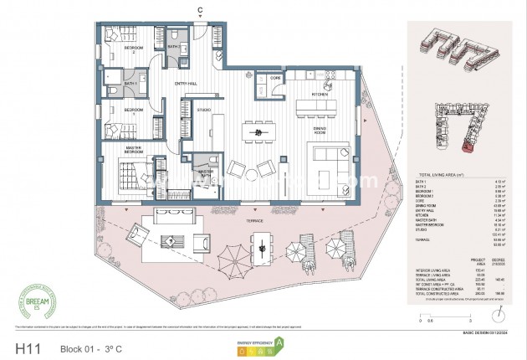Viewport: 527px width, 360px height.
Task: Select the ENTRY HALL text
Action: tap(187, 84)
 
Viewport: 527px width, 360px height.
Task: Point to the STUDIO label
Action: tap(203, 110)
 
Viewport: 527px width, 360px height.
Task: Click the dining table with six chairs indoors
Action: tap(259, 132)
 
